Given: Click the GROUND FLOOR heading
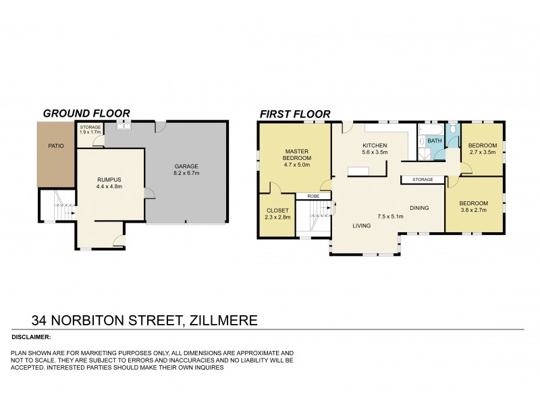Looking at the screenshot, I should pos(86,113).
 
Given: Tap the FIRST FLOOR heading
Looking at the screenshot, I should pos(295,113).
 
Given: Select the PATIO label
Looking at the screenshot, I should pos(55,146).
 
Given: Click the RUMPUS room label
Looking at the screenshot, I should pos(109,179).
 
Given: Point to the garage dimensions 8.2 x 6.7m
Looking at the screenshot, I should pos(186,173).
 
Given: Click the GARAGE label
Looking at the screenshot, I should pos(186,166).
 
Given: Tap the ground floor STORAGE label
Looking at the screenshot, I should pos(90,127).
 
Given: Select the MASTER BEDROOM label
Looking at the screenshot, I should pos(296,154).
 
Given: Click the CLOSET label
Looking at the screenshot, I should pos(277,210).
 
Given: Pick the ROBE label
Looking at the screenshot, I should pos(313,196).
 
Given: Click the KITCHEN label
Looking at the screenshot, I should pos(374,146).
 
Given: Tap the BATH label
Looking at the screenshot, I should pos(434,141).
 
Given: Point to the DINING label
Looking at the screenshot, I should pos(419,208).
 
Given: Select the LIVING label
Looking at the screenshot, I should pos(362,225).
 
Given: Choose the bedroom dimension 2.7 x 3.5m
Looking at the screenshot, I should pos(483,153).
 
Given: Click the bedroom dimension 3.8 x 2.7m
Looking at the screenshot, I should pos(474,210).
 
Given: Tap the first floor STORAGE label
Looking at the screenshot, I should pos(423,180).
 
